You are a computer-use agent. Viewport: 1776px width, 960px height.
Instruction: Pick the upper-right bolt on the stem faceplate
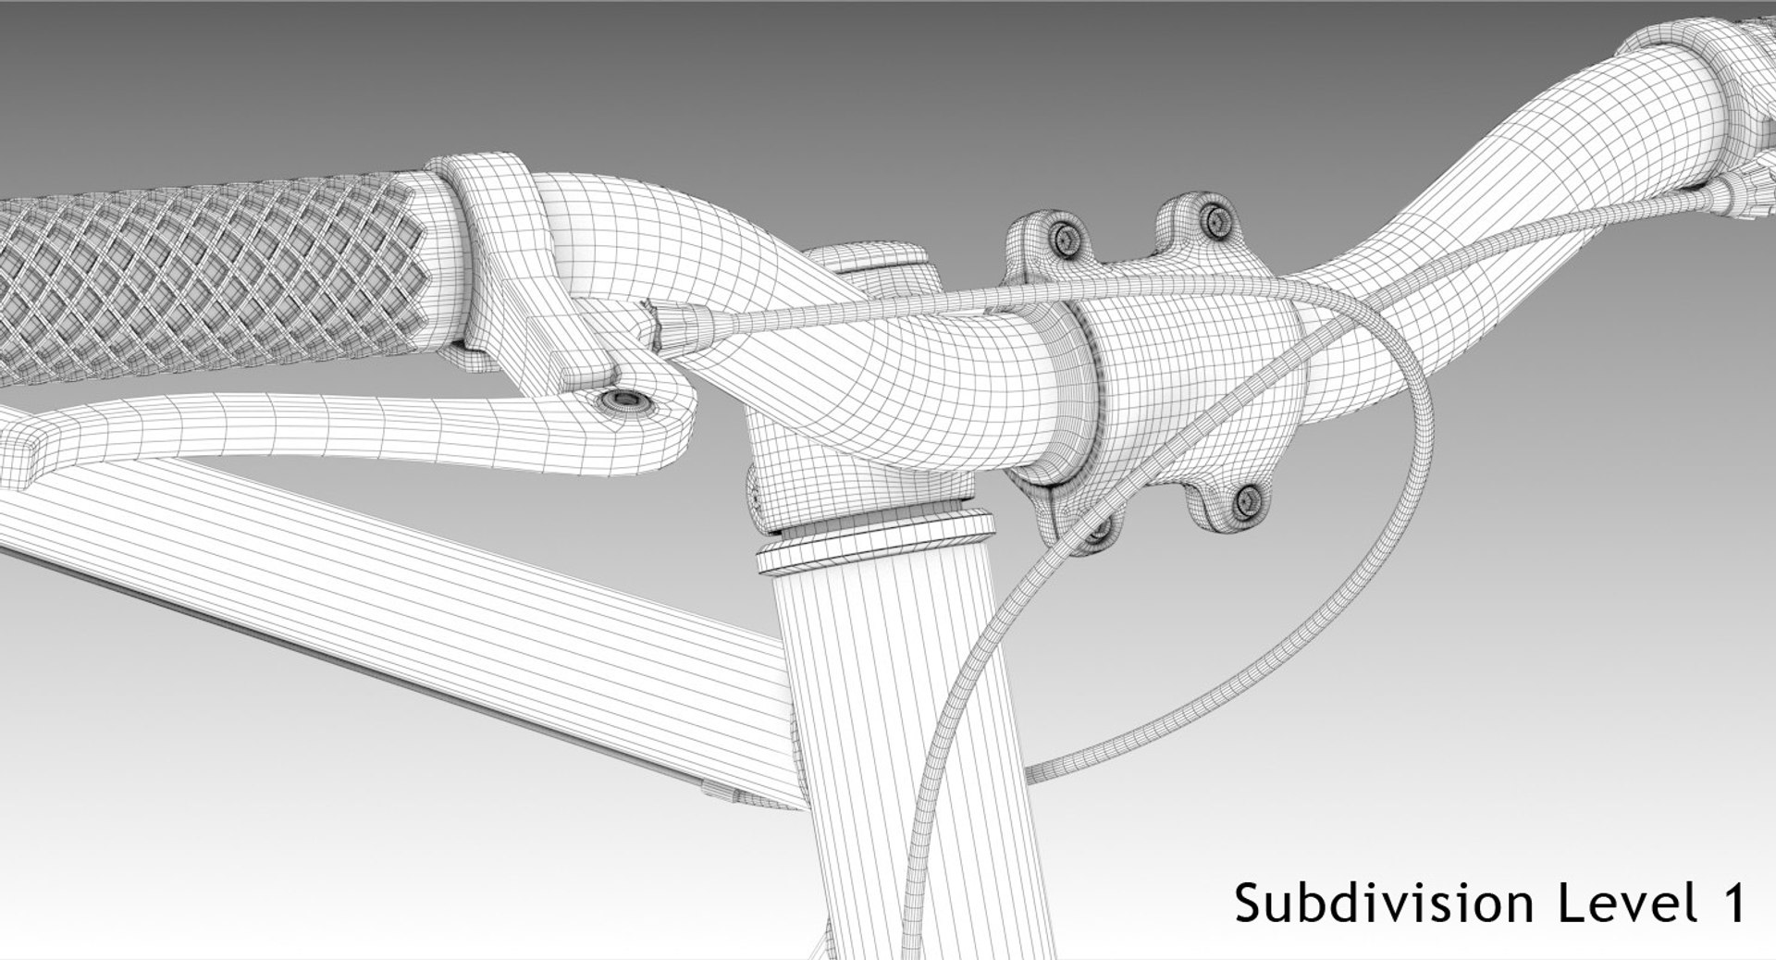[x=1215, y=219]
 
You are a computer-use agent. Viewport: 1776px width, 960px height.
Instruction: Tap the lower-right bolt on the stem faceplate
[x=1248, y=502]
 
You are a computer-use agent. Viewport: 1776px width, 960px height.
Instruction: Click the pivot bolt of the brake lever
[x=624, y=400]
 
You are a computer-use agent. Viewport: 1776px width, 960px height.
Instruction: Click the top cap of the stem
[x=864, y=260]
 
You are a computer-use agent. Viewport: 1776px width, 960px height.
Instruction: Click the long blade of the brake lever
[x=324, y=425]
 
